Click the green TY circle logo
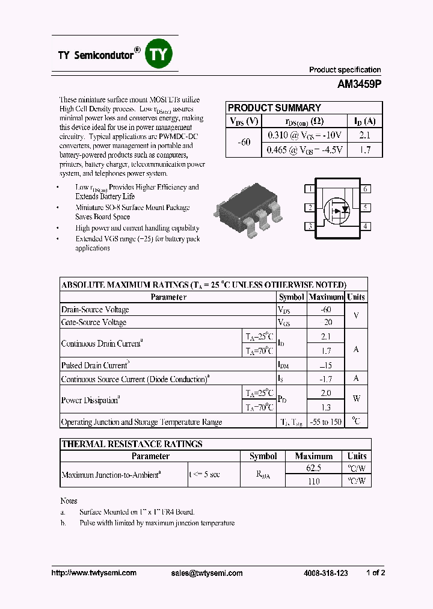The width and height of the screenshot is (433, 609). click(x=159, y=55)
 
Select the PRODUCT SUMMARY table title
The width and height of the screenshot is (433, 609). click(x=274, y=108)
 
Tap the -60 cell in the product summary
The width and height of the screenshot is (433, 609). click(x=244, y=143)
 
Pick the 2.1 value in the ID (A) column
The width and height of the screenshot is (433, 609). click(x=365, y=136)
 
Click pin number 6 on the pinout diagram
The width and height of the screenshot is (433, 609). click(x=365, y=189)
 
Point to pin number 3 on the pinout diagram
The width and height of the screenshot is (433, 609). click(x=310, y=227)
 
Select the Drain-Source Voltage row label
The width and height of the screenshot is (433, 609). click(x=95, y=310)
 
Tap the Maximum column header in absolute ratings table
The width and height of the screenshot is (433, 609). click(x=325, y=297)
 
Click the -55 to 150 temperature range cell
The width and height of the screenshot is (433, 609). click(x=325, y=422)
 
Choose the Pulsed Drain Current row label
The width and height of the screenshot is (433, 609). click(x=94, y=365)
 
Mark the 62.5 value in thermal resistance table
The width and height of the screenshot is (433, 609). click(x=313, y=468)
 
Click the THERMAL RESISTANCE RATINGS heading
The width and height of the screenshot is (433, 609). click(x=132, y=444)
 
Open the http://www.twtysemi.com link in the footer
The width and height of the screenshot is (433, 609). click(x=94, y=573)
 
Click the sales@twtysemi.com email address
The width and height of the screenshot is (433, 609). click(x=207, y=573)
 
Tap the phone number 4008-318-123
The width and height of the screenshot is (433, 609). click(x=325, y=573)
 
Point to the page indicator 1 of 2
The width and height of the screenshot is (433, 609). click(x=375, y=573)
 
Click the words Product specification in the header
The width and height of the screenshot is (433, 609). click(x=345, y=70)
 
